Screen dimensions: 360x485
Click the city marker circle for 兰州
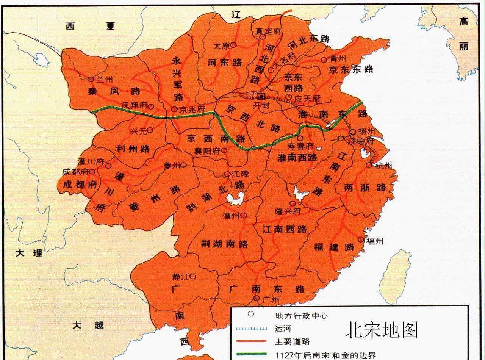click(91, 79)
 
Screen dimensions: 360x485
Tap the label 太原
click(222, 46)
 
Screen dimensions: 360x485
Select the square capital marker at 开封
click(261, 95)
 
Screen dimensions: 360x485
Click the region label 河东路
click(225, 62)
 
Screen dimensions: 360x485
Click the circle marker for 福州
click(360, 240)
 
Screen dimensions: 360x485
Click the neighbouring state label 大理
click(29, 253)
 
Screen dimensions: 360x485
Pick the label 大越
click(88, 325)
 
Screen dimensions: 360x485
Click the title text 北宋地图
click(381, 330)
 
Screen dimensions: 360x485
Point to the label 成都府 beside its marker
click(74, 172)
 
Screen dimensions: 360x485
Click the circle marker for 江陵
click(227, 174)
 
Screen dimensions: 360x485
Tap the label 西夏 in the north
click(89, 26)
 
